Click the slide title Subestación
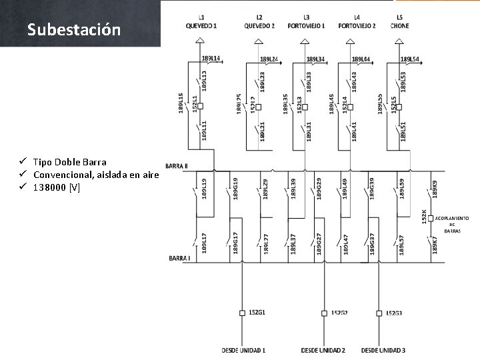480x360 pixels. pos(74,30)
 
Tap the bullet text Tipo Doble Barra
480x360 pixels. pos(69,162)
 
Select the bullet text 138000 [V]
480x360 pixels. pos(57,187)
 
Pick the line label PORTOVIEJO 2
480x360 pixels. pos(357,26)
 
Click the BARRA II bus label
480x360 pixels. pos(177,165)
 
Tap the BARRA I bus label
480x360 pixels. pos(179,258)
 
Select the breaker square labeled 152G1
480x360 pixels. pos(242,313)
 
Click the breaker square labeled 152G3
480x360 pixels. pos(379,313)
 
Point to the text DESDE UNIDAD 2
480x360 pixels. pos(323,350)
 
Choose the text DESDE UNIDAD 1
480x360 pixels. pos(243,350)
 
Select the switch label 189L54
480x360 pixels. pos(409,59)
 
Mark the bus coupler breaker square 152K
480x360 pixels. pos(431,218)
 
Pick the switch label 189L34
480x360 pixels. pos(315,59)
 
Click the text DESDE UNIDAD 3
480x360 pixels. pos(383,350)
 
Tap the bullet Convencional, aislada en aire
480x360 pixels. pos(95,175)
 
